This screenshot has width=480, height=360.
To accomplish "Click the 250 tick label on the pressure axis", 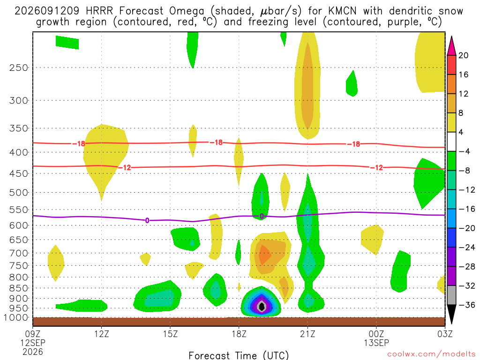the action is tap(19, 67).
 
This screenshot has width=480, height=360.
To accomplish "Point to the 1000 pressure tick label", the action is tap(16, 318).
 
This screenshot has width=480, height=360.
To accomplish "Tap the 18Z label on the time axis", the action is tap(239, 334).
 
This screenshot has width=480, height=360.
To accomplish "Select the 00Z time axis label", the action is tap(376, 334).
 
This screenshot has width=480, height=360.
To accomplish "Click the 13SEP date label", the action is tap(376, 343).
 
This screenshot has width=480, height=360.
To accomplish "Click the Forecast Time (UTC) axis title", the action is tap(239, 355).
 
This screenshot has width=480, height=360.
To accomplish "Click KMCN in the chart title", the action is tap(342, 11).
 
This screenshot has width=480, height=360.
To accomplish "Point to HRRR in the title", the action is tap(99, 11).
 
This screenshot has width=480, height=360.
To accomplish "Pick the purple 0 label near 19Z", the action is tap(262, 217).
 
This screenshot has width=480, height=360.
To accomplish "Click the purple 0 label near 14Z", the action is tap(147, 220).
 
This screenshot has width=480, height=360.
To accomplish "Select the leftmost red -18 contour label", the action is tap(79, 143).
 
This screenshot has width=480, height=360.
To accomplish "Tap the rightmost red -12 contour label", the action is tap(376, 168).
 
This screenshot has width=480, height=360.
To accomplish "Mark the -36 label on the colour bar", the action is tap(467, 305).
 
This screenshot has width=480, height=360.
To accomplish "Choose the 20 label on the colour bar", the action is tap(463, 55).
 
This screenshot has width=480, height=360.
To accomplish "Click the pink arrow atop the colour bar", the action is tap(451, 46).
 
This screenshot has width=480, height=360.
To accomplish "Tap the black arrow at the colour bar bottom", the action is tap(451, 314).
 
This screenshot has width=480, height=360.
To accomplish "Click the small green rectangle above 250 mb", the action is tap(67, 42).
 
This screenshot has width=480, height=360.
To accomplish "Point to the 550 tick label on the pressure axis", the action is tap(19, 210).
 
